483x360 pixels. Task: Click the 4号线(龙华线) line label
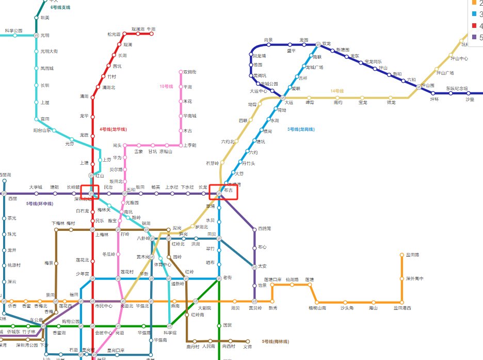tap(114, 129)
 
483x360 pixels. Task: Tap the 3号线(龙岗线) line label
tap(301, 129)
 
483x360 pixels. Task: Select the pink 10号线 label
tap(166, 86)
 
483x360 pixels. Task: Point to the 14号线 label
tap(337, 91)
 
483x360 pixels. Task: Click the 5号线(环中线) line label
tap(40, 204)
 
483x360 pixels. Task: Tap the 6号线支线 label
tap(60, 8)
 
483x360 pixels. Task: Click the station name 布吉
tap(228, 191)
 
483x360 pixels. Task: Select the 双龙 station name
tap(326, 43)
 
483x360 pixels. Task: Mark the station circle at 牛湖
tap(152, 34)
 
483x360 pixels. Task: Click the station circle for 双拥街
tap(180, 72)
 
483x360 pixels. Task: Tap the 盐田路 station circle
tap(401, 255)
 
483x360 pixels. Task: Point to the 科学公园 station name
tap(14, 30)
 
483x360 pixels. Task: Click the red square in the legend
tap(475, 25)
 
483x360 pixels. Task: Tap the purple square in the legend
tap(475, 37)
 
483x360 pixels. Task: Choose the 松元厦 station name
tap(114, 34)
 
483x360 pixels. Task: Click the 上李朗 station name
tap(190, 145)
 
